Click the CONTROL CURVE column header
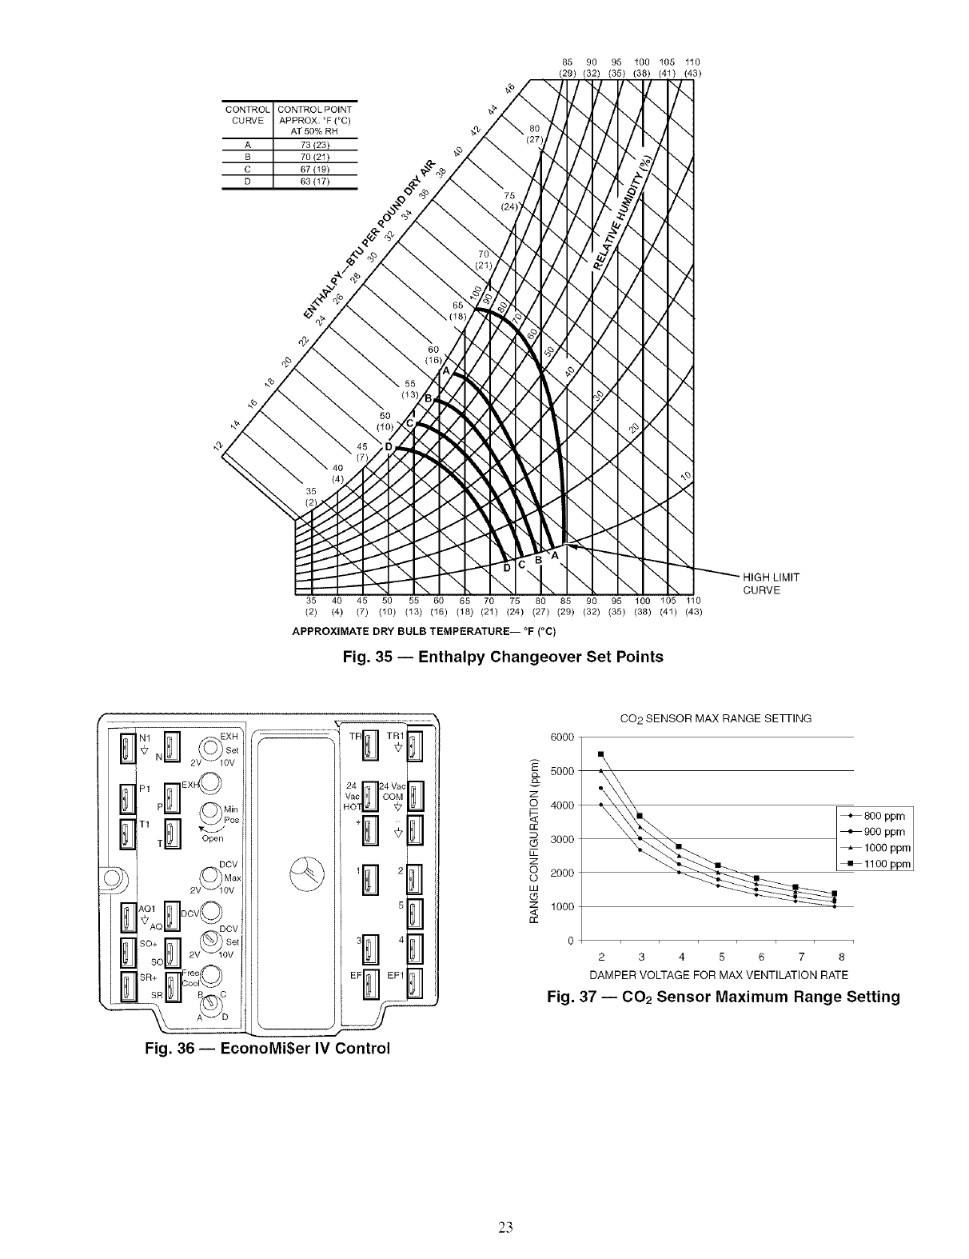point(248,114)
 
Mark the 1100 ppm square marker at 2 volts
point(600,753)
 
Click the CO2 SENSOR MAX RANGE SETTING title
point(716,718)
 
